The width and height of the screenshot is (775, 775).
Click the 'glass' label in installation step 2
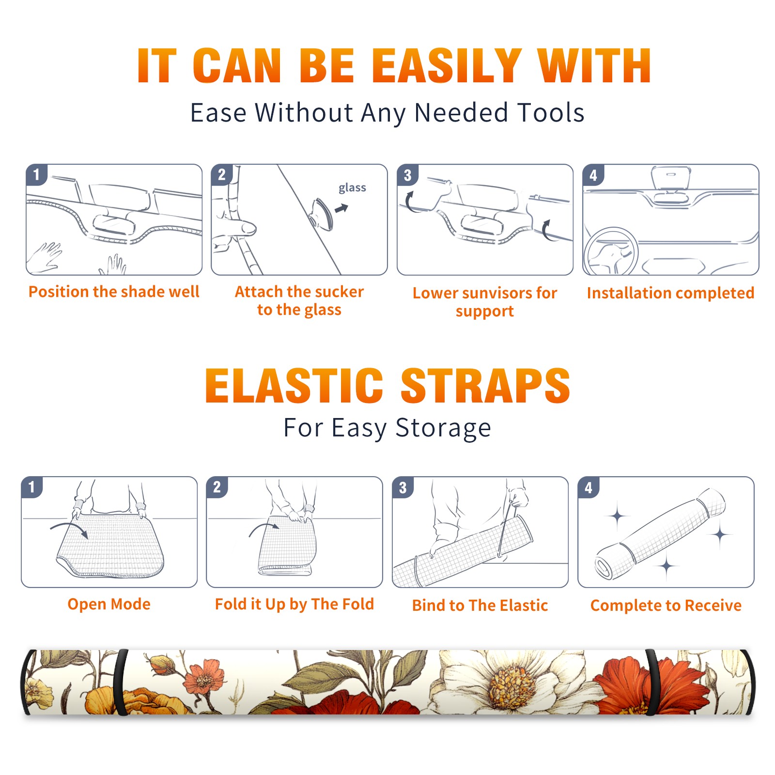tap(352, 188)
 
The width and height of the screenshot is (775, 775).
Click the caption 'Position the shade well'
tap(114, 292)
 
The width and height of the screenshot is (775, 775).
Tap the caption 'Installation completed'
tap(670, 293)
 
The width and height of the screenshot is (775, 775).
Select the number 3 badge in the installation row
tap(407, 175)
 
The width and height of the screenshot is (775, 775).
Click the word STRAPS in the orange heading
tap(485, 386)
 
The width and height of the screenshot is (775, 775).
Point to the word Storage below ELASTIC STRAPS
tap(443, 428)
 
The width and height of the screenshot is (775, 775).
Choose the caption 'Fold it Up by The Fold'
tap(294, 604)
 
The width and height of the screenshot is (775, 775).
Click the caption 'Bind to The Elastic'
tap(480, 605)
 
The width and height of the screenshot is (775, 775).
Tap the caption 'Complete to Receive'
tap(666, 605)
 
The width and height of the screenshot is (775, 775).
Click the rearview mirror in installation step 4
tap(670, 178)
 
